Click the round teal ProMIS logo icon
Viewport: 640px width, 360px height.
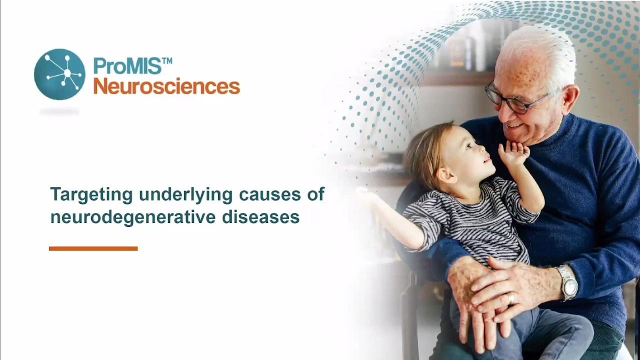point(59,74)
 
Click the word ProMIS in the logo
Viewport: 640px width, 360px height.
point(127,66)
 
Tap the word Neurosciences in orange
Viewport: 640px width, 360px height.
point(167,86)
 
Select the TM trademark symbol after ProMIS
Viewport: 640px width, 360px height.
point(167,61)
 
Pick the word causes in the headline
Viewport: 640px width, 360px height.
point(269,195)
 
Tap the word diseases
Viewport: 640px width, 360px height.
point(260,216)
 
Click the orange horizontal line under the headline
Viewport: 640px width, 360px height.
point(93,248)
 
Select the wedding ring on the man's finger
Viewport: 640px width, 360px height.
point(511,299)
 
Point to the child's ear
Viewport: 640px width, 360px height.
point(446,175)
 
